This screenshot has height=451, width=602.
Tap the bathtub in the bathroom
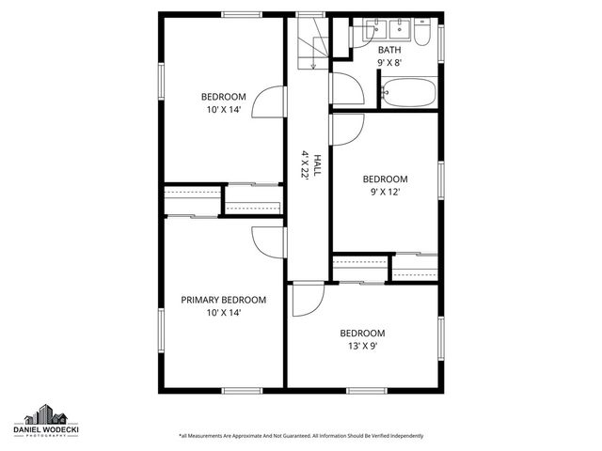409,93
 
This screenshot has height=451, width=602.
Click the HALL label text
317,166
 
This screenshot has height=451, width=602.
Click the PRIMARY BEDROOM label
223,300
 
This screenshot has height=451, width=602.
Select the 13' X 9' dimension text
362,345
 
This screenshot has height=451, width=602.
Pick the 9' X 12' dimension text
386,192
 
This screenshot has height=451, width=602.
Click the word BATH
388,50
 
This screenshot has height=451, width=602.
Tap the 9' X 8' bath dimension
388,63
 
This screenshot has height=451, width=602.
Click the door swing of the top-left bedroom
270,101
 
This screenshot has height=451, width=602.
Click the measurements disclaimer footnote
301,436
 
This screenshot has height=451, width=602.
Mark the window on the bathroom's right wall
440,45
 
